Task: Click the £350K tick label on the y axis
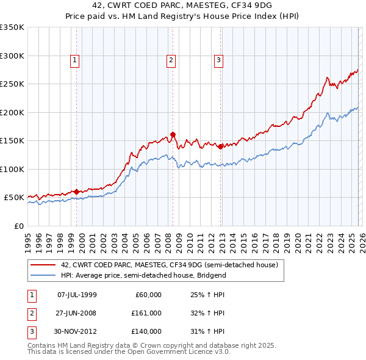click(12, 27)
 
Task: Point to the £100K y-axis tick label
click(12, 169)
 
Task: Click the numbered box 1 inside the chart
click(74, 60)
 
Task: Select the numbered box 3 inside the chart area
click(218, 60)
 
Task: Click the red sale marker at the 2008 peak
click(173, 135)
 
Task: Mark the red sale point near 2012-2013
click(220, 146)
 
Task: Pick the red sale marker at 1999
click(76, 192)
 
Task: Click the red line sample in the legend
click(43, 265)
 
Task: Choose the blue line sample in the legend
click(43, 275)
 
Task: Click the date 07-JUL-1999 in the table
click(77, 295)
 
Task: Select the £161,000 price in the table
click(146, 313)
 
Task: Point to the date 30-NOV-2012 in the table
click(77, 331)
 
